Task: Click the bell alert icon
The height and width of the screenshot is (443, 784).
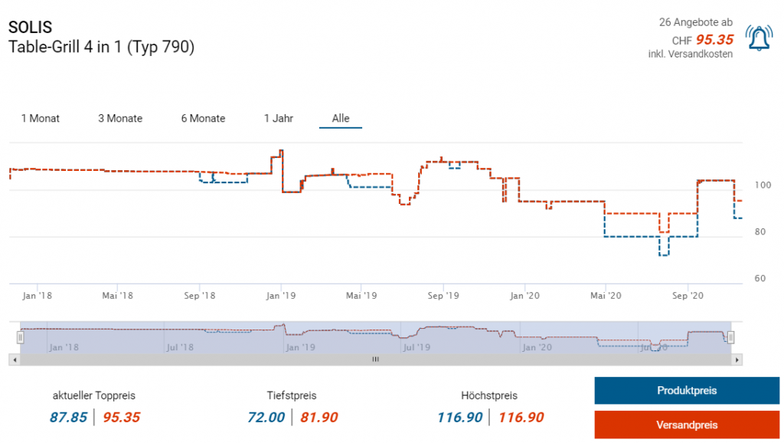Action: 759,39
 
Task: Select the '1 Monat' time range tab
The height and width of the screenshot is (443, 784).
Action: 41,119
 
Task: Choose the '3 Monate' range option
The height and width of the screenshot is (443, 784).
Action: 120,119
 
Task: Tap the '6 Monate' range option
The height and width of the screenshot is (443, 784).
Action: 203,119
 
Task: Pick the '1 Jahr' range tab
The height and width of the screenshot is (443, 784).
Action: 279,119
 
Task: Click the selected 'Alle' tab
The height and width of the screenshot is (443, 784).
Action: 341,119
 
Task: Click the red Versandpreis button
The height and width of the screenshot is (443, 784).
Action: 686,425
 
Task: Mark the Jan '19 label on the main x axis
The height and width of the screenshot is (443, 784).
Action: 282,295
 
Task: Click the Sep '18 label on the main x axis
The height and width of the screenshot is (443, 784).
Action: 198,295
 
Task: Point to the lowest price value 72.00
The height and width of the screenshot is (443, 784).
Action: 266,418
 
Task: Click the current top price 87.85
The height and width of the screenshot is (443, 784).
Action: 70,418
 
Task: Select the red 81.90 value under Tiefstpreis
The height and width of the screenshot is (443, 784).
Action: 318,418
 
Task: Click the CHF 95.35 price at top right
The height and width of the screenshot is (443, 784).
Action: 714,40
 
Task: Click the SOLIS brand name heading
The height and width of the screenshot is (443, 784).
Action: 31,27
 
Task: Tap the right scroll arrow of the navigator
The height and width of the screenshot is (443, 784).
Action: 737,359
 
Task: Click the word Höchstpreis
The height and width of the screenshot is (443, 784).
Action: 489,396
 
